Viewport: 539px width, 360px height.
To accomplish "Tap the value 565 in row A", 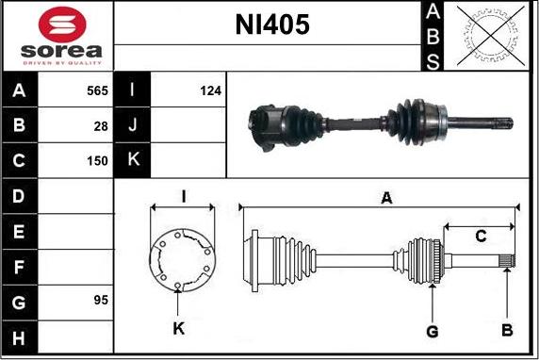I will point(97,91).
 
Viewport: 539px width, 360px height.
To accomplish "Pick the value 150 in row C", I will point(97,161).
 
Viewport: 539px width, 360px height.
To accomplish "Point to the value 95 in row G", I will point(101,301).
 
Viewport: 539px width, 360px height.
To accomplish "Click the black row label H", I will point(20,335).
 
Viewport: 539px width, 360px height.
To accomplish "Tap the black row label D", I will point(20,196).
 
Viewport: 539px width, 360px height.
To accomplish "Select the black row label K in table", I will point(133,161).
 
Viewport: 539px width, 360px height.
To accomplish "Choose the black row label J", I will point(133,126).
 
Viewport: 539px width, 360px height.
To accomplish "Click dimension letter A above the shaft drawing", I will point(384,198).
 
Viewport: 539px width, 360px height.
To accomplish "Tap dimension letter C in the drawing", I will point(480,236).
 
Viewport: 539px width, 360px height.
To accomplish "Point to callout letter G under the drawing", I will point(433,331).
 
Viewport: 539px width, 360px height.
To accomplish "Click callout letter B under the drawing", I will point(506,331).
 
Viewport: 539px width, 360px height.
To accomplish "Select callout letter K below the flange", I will point(179,329).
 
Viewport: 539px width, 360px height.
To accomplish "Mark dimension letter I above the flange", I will point(184,196).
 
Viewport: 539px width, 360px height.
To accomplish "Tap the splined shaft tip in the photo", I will point(502,123).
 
